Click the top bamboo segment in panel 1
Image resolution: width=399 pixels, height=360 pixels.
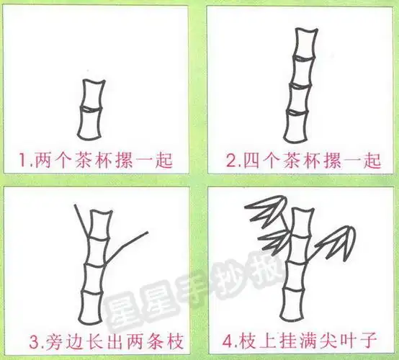click(x=92, y=94)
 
